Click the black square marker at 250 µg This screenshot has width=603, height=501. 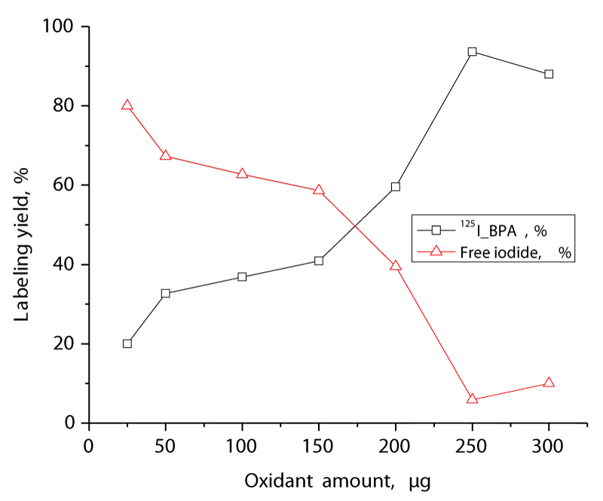point(472,51)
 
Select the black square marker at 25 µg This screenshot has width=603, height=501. point(127,344)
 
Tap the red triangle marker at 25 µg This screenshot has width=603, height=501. point(127,105)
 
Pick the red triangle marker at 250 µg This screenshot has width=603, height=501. point(472,399)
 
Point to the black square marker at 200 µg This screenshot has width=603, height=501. point(395,186)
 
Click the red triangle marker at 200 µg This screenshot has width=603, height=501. point(395,265)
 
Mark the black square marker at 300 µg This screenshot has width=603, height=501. point(549,74)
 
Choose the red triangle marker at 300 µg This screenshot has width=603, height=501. point(549,383)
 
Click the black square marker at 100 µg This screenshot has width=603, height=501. point(242,276)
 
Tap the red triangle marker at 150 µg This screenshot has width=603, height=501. point(319,190)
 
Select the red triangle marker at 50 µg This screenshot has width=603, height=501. point(165,156)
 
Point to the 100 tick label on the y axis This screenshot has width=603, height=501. point(60,27)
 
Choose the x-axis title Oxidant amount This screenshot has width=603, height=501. point(337,481)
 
